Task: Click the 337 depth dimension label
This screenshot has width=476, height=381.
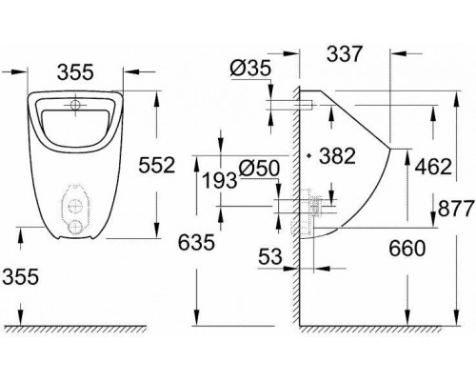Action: [x=344, y=54]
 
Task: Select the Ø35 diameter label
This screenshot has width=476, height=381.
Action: [x=250, y=68]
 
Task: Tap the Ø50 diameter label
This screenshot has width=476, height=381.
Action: [x=259, y=168]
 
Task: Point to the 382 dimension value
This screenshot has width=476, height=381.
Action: [x=337, y=156]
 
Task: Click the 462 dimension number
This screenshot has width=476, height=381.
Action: [x=433, y=167]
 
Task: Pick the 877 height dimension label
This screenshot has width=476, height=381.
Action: [x=456, y=209]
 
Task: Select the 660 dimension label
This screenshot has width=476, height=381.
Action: [x=407, y=248]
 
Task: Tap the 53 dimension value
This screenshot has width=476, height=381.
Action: [x=270, y=256]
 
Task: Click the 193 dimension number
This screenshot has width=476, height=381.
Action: [x=220, y=181]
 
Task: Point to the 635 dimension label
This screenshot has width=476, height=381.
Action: [x=196, y=243]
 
